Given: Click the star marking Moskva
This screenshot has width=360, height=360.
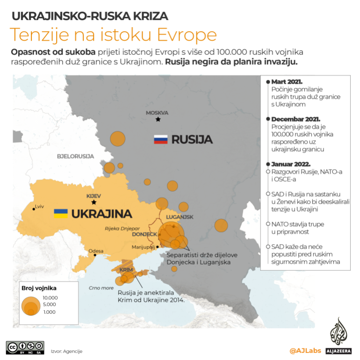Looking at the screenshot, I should pyautogui.click(x=158, y=120).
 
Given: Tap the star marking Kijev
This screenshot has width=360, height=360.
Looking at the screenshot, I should pyautogui.click(x=94, y=202).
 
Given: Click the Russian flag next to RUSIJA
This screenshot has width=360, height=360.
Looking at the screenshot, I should pyautogui.click(x=160, y=139).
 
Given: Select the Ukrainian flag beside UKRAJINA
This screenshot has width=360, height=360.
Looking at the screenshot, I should pyautogui.click(x=61, y=214).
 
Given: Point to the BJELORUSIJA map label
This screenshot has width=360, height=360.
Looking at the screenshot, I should pyautogui.click(x=75, y=156).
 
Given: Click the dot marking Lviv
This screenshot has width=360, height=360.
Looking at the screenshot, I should pyautogui.click(x=33, y=209).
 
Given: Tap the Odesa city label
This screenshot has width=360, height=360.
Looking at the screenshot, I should pyautogui.click(x=96, y=251).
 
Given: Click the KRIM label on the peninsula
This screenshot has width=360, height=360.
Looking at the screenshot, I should pyautogui.click(x=125, y=270).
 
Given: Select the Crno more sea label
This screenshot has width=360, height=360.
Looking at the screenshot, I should pyautogui.click(x=101, y=288).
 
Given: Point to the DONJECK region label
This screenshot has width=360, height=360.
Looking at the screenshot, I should pyautogui.click(x=144, y=234).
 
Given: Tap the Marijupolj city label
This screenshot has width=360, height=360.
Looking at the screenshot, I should pyautogui.click(x=143, y=246).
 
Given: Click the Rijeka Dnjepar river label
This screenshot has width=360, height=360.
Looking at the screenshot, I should pyautogui.click(x=119, y=228).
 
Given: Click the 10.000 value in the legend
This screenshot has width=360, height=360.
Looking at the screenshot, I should pyautogui.click(x=50, y=297).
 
